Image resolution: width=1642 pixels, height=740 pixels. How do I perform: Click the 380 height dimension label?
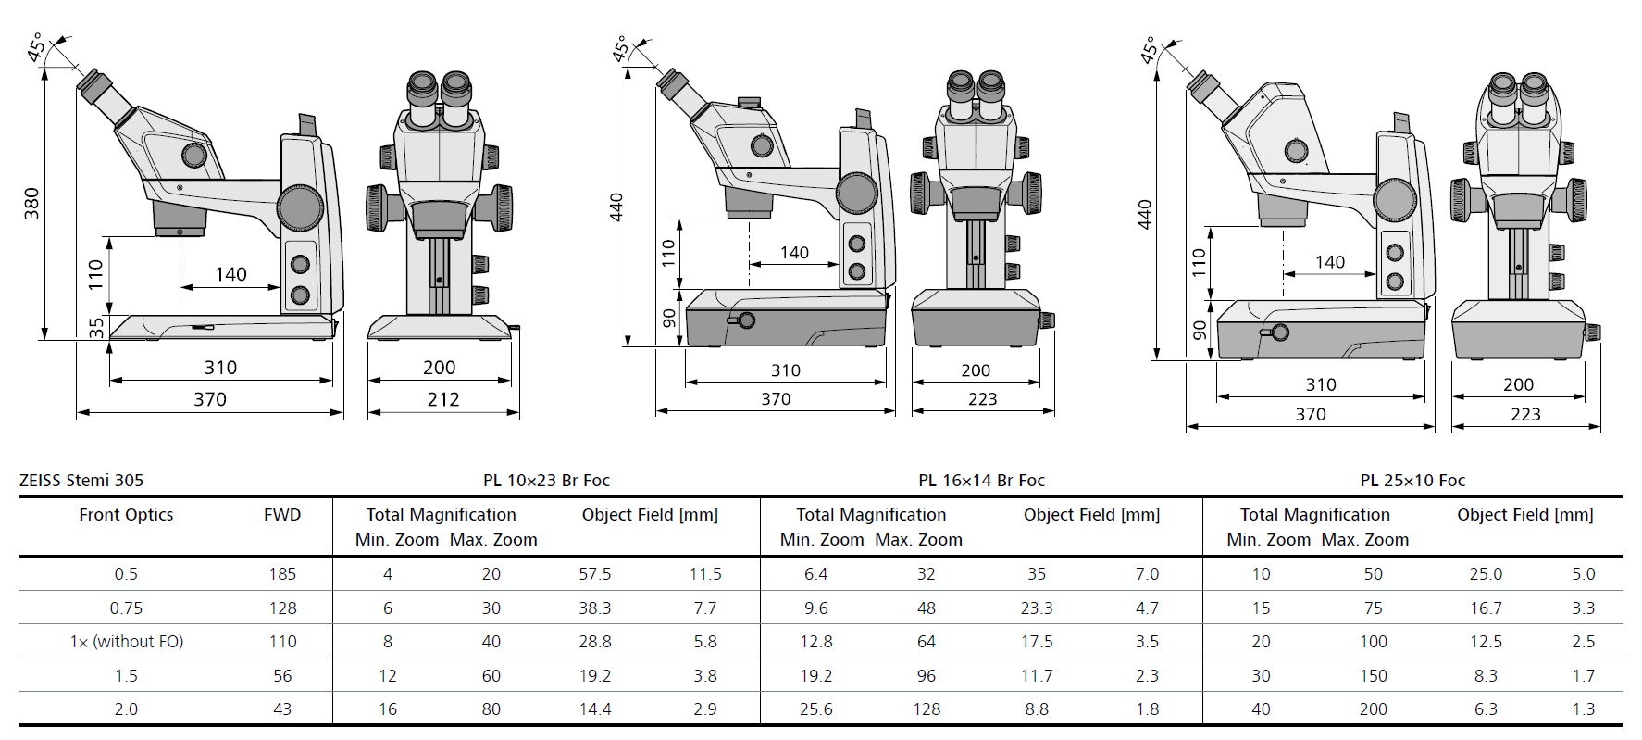point(31,204)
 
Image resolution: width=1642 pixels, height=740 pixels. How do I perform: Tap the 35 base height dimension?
point(96,328)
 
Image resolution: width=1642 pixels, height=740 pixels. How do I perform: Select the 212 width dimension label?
point(443,399)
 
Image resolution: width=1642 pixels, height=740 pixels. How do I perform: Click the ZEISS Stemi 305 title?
point(81,480)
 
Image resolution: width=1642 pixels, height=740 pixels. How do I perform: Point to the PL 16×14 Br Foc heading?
point(981,480)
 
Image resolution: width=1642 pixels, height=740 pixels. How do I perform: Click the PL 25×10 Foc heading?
point(1412,480)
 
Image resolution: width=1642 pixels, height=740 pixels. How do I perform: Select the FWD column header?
point(282,515)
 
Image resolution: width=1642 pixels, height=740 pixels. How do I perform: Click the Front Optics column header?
point(126,515)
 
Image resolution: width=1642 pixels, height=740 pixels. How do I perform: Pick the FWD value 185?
point(282,574)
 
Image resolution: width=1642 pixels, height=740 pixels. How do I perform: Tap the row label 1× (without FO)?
point(127,642)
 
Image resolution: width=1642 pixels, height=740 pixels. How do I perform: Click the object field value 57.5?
point(594,574)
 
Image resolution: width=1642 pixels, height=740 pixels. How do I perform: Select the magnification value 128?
point(927,709)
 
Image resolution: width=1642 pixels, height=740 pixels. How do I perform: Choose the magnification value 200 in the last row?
point(1373,709)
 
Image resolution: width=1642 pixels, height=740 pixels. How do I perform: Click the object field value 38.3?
point(594,608)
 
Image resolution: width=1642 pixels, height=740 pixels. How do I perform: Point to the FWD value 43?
point(282,709)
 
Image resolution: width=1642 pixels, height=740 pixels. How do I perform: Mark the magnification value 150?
point(1373,676)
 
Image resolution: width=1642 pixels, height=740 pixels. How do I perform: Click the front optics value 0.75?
point(126,608)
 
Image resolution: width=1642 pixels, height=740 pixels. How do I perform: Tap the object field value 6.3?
point(1486,709)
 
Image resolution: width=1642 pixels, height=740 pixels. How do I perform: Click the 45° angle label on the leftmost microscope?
point(36,47)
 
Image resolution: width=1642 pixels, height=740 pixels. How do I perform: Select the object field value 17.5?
point(1037,642)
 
